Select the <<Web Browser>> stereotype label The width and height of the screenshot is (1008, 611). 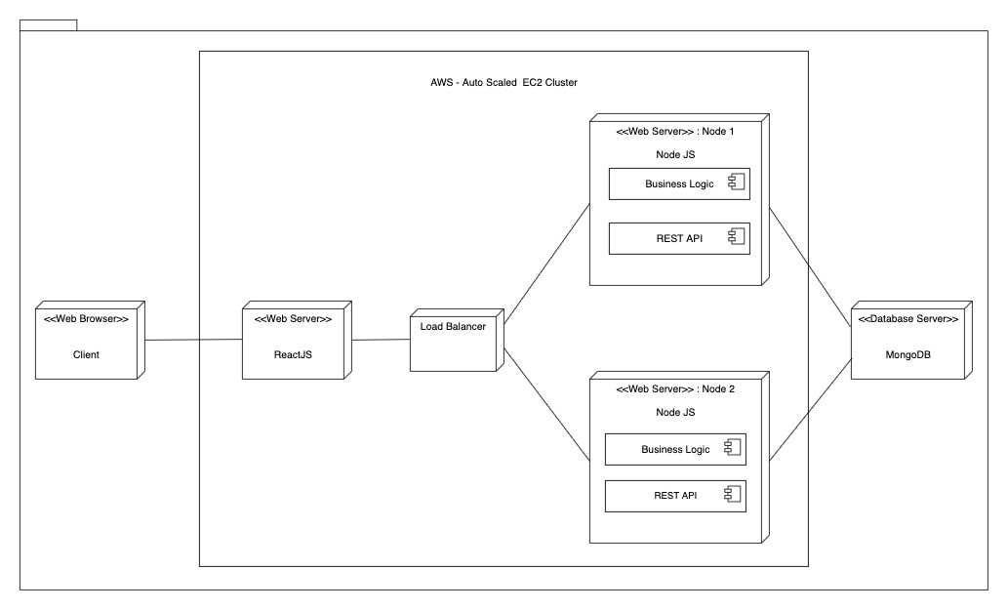(x=86, y=319)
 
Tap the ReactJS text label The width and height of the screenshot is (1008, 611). (x=293, y=355)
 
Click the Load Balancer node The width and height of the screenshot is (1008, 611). (x=452, y=342)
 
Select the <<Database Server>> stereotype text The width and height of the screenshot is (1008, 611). (x=907, y=319)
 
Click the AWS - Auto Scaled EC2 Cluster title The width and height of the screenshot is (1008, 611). (x=504, y=83)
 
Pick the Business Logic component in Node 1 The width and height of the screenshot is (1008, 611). (x=679, y=183)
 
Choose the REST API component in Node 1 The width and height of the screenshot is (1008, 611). (x=679, y=238)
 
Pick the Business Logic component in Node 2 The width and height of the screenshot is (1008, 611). (x=675, y=449)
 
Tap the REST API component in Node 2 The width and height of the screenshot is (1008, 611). (x=675, y=496)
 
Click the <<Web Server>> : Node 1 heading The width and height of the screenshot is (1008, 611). (x=675, y=133)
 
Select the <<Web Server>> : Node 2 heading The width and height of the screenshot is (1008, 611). (x=675, y=388)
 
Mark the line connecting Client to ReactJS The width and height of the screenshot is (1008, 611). (x=193, y=341)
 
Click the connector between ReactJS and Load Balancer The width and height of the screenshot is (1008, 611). (x=380, y=340)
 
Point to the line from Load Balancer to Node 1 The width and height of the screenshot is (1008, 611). (x=546, y=265)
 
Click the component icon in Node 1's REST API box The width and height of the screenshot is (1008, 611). (x=737, y=237)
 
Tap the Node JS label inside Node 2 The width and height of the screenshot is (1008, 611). (x=675, y=413)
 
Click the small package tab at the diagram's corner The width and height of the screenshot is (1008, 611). (x=48, y=24)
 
